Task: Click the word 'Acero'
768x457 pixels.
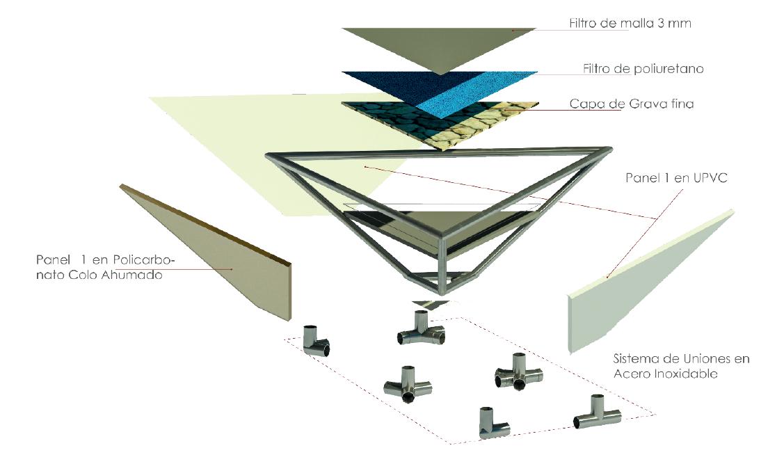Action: [x=631, y=373]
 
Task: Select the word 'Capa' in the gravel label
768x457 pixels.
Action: [x=586, y=105]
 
